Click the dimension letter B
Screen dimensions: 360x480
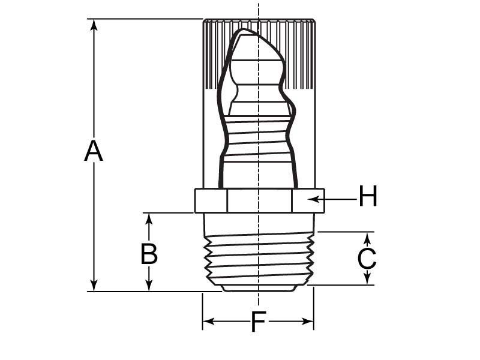coord(149,254)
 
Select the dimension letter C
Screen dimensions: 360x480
coord(367,259)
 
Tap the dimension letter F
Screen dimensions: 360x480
coord(258,322)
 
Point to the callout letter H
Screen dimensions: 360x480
coord(368,196)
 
